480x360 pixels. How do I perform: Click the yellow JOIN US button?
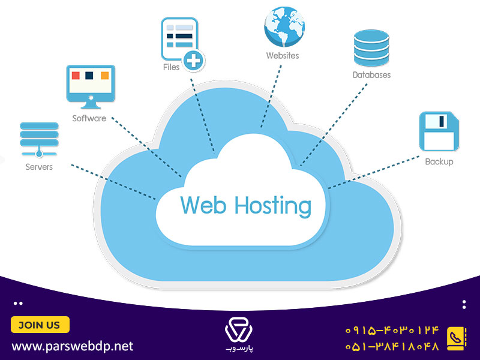pos(40,325)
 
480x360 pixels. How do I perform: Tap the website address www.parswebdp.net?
pos(73,346)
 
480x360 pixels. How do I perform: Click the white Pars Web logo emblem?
pos(239,330)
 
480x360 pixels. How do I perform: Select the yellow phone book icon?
pos(457,338)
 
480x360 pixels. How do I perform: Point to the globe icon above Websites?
pos(284,26)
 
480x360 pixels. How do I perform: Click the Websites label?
pos(283,55)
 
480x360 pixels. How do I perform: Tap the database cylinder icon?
pos(371,48)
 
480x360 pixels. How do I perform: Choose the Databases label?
pos(371,75)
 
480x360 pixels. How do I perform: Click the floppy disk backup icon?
pos(439,131)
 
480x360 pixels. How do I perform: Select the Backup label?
pos(439,161)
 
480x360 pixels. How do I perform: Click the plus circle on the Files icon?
pos(193,61)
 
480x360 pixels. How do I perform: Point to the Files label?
pos(171,67)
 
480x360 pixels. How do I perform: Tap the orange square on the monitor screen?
pos(104,76)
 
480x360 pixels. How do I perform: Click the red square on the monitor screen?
pos(76,76)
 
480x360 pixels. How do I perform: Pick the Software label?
pos(89,118)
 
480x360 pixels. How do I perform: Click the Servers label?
pos(39,167)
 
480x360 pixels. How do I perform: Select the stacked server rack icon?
pos(39,140)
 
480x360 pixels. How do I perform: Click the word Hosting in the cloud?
pos(273,206)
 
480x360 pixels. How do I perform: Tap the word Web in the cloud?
pos(203,205)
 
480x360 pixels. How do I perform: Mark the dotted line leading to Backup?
pos(373,172)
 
